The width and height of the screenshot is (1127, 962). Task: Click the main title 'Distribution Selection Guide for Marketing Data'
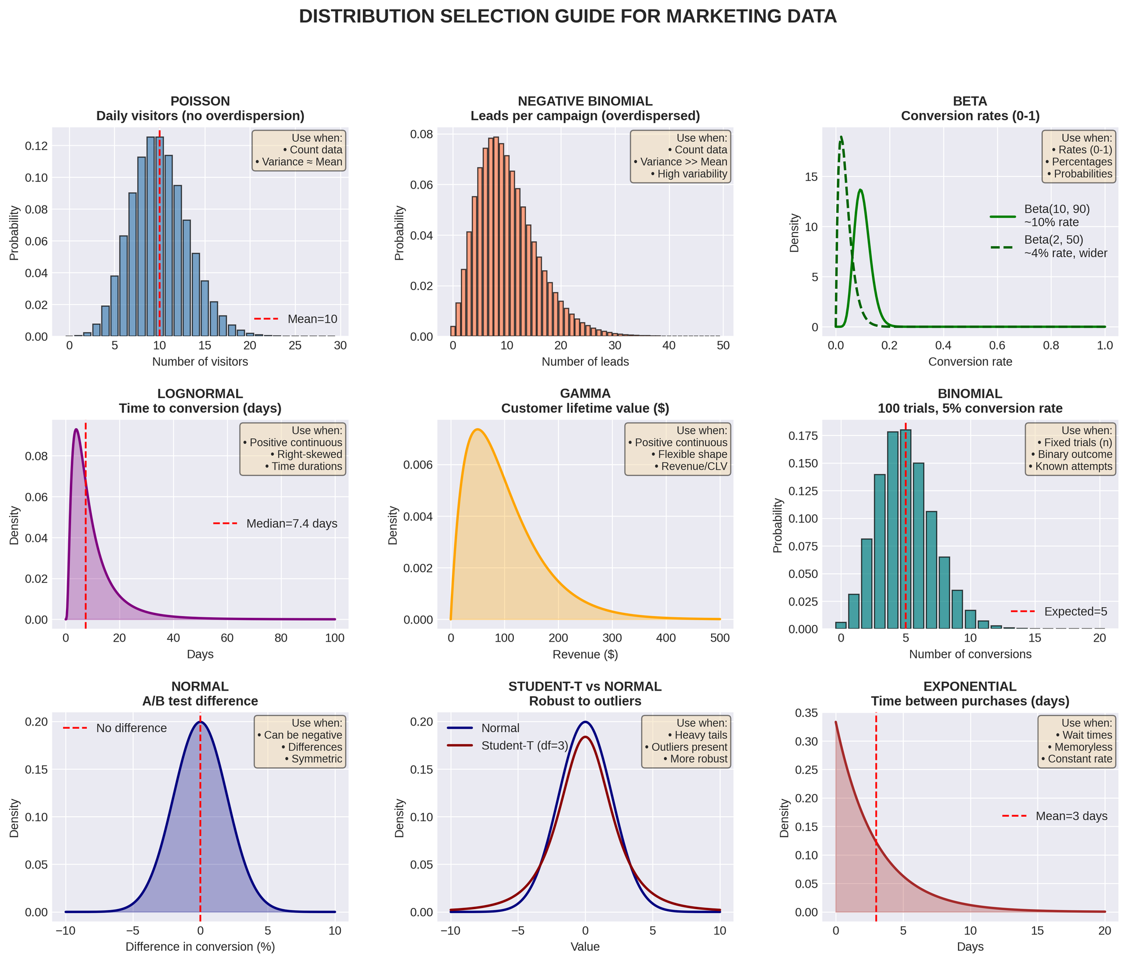tap(567, 17)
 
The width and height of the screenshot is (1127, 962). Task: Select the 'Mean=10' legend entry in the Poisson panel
tap(312, 319)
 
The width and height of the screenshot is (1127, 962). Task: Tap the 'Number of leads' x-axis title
tap(585, 362)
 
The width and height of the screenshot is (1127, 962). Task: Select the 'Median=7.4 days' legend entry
tap(291, 524)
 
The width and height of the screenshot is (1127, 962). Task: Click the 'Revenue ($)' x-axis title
tap(585, 654)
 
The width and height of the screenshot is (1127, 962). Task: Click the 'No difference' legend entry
tap(131, 728)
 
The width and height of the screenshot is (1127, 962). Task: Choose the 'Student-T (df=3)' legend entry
tap(524, 746)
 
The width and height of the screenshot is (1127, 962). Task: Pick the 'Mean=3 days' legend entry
tap(1071, 816)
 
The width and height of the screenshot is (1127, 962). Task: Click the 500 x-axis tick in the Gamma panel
tap(720, 638)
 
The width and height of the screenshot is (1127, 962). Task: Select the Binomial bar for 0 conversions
tap(841, 625)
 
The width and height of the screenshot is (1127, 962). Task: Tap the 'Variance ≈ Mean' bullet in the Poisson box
tap(299, 162)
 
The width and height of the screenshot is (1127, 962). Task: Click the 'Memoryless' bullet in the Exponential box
tap(1080, 747)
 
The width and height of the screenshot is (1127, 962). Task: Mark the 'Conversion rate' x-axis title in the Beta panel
tap(970, 362)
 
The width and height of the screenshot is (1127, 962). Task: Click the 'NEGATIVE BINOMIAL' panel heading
tap(585, 101)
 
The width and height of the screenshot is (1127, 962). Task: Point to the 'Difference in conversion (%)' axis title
tap(200, 947)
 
